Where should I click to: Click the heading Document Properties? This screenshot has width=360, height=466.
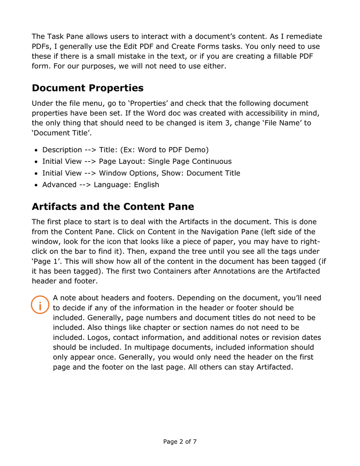tap(87, 88)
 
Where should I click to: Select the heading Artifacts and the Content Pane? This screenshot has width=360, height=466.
tap(113, 207)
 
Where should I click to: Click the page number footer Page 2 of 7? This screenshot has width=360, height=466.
tap(180, 441)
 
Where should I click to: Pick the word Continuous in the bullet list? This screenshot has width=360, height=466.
tap(212, 162)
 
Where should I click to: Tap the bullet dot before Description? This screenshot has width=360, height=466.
tap(36, 150)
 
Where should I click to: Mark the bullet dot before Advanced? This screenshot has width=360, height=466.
tap(36, 185)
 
